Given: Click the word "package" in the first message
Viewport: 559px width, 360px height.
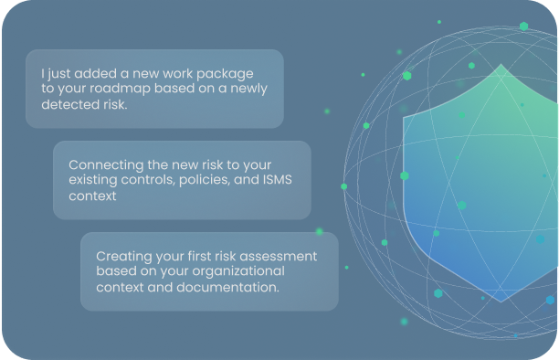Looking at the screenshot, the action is pyautogui.click(x=225, y=74).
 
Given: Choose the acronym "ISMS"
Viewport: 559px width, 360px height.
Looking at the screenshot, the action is pyautogui.click(x=278, y=179).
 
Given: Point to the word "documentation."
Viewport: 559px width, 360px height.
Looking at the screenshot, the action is pyautogui.click(x=227, y=287).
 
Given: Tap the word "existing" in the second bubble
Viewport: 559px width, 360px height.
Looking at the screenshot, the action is pyautogui.click(x=92, y=180).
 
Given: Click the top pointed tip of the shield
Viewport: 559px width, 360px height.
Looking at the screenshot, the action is pyautogui.click(x=501, y=64).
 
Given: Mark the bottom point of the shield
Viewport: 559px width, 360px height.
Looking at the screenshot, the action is pyautogui.click(x=501, y=302).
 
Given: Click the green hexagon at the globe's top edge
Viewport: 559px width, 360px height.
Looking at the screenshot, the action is pyautogui.click(x=523, y=26).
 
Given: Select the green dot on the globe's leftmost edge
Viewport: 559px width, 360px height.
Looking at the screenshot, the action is pyautogui.click(x=344, y=186).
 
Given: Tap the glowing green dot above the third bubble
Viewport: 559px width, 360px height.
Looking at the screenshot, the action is pyautogui.click(x=320, y=232).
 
